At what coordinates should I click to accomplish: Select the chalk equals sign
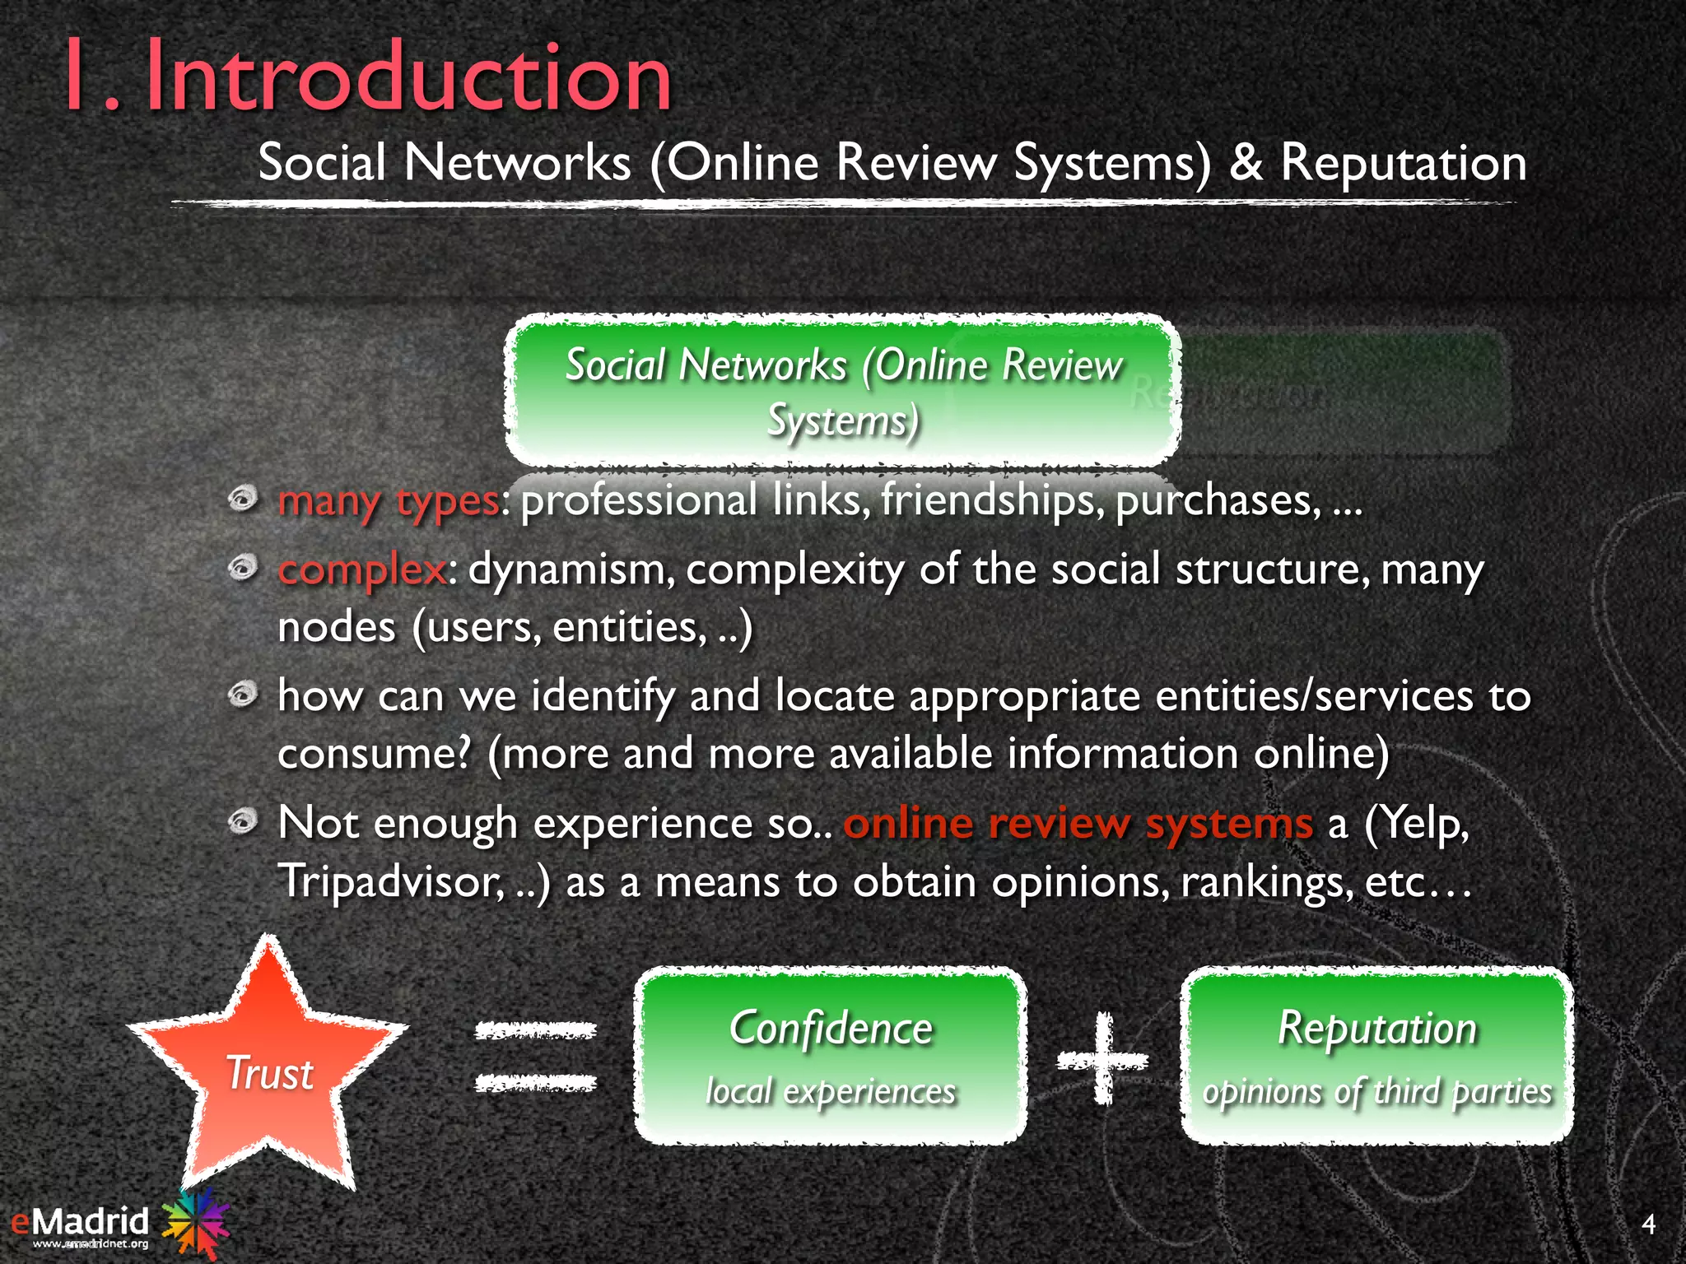[536, 1057]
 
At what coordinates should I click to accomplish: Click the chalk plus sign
[1102, 1059]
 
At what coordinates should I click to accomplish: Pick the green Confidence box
[830, 1056]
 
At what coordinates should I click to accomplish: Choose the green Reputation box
[1377, 1056]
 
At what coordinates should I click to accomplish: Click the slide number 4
[1647, 1224]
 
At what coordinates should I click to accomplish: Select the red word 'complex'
[362, 569]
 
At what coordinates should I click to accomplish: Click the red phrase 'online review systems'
[1078, 824]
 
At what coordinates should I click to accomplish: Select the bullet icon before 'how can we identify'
[243, 695]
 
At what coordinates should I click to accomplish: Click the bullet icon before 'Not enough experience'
[243, 820]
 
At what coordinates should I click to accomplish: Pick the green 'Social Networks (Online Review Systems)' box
[843, 391]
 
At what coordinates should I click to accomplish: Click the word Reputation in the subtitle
[1403, 163]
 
